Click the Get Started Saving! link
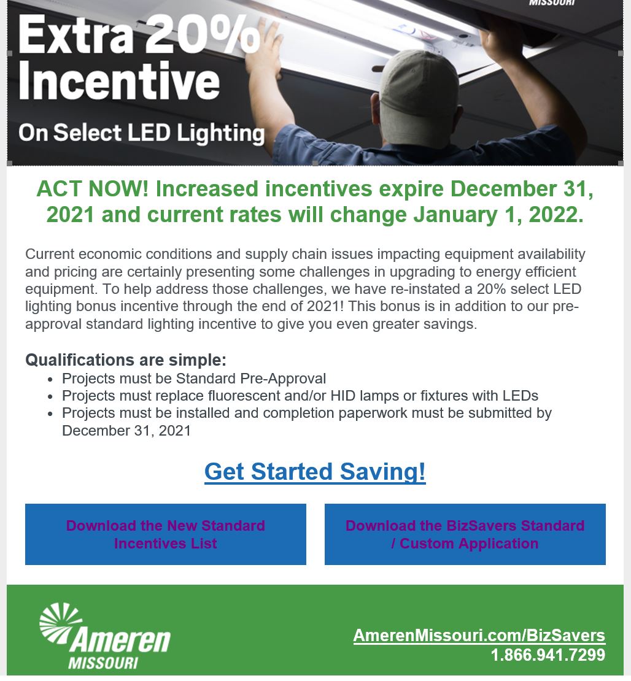[x=315, y=472]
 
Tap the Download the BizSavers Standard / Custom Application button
[x=465, y=534]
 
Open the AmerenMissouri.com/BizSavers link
[x=479, y=636]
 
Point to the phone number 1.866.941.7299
[x=548, y=655]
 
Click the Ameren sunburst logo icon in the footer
[x=60, y=622]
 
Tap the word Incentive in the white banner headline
[x=119, y=82]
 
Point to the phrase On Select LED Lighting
[x=141, y=133]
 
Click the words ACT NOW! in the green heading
[x=93, y=189]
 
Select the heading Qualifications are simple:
[x=126, y=360]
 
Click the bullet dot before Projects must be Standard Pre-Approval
[x=50, y=380]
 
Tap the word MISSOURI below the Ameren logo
[x=103, y=663]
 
